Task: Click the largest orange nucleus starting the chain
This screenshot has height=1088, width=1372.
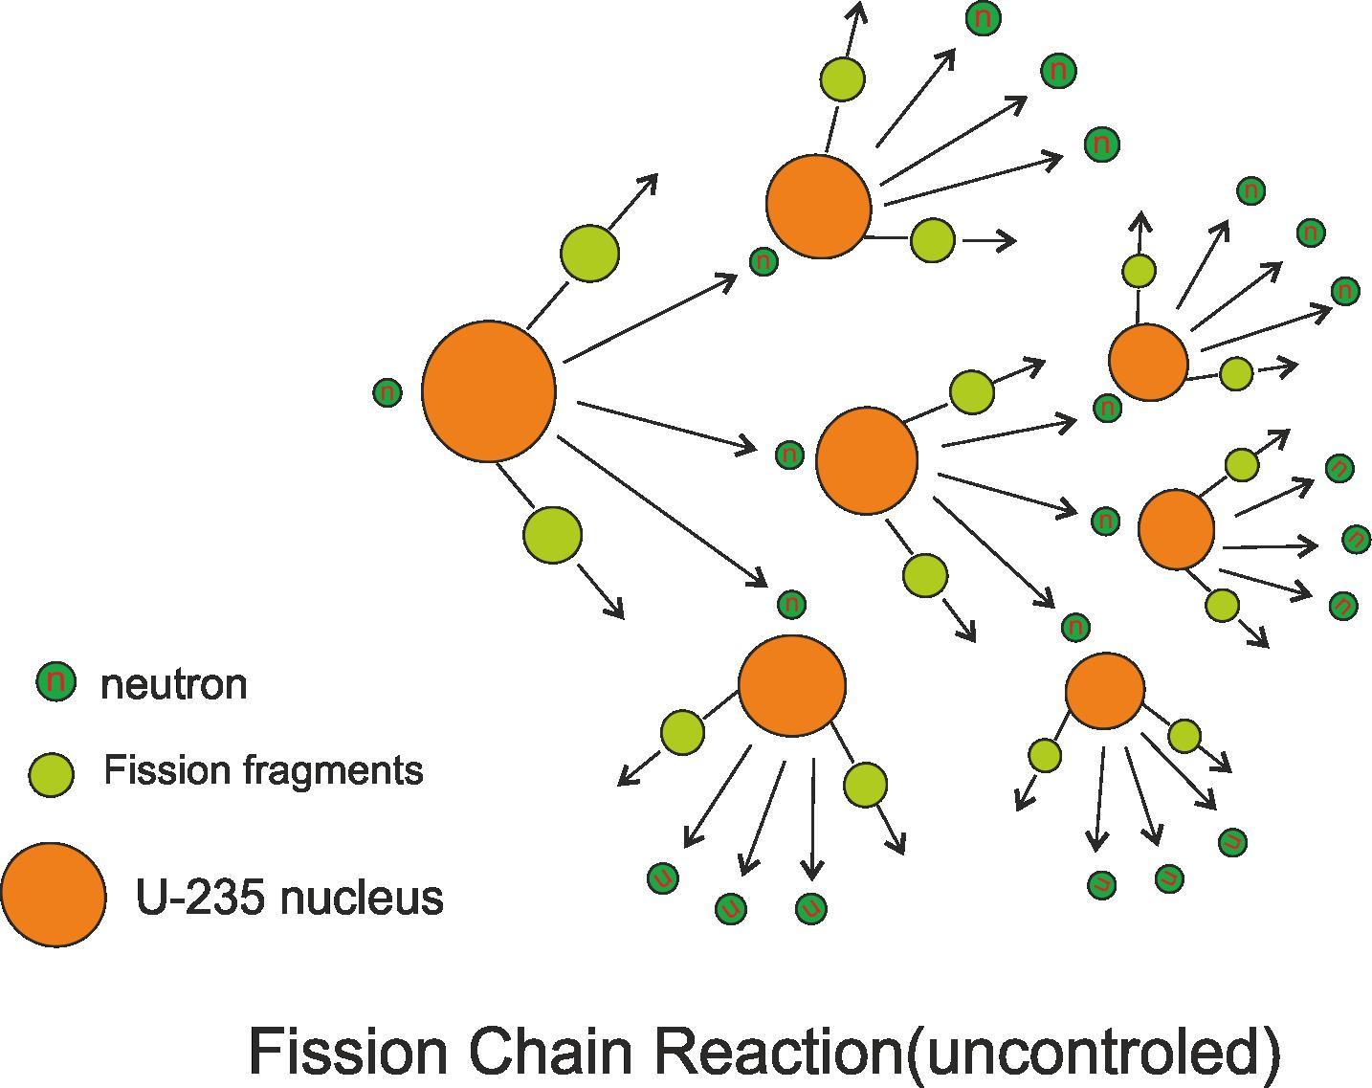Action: point(489,391)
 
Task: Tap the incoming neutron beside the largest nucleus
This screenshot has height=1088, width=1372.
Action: point(387,392)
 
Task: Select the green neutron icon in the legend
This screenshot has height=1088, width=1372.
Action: point(55,681)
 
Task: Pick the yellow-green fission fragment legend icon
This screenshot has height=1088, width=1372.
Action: point(52,773)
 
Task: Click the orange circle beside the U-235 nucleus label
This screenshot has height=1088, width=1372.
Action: point(54,895)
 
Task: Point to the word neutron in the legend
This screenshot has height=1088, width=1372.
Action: point(174,684)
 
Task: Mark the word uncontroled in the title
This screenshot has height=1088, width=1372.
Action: point(1091,1051)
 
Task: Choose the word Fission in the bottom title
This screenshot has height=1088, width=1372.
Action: point(347,1051)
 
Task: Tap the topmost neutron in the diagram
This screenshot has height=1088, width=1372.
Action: point(984,18)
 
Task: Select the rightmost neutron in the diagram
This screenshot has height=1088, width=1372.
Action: point(1357,539)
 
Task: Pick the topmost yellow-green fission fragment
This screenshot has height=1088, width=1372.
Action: point(842,79)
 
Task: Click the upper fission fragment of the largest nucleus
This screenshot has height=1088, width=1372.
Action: point(589,253)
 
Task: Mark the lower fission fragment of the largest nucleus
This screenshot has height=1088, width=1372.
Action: point(552,534)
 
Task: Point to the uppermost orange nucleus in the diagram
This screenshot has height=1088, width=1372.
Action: point(818,206)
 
